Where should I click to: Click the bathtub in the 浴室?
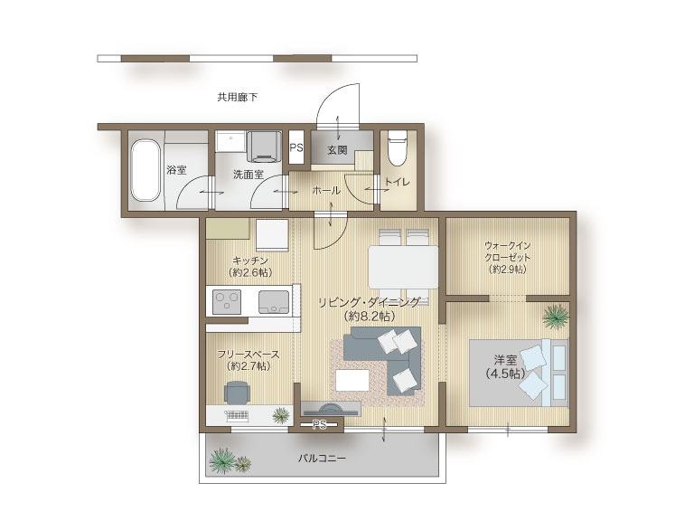pyautogui.click(x=145, y=170)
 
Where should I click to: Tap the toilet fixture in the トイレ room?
pyautogui.click(x=397, y=149)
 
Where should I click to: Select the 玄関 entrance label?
pyautogui.click(x=337, y=150)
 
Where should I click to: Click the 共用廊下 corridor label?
pyautogui.click(x=238, y=97)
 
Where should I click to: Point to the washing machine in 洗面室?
pyautogui.click(x=264, y=147)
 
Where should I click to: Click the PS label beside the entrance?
pyautogui.click(x=296, y=147)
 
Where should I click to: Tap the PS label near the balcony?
pyautogui.click(x=319, y=425)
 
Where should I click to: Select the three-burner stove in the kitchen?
pyautogui.click(x=227, y=302)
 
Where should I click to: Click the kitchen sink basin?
pyautogui.click(x=274, y=302)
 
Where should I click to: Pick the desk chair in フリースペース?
pyautogui.click(x=237, y=392)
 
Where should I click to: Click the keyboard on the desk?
pyautogui.click(x=237, y=415)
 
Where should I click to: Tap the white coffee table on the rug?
pyautogui.click(x=352, y=380)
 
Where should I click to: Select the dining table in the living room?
pyautogui.click(x=403, y=268)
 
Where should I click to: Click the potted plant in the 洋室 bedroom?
pyautogui.click(x=556, y=317)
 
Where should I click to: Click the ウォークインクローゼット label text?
pyautogui.click(x=507, y=251)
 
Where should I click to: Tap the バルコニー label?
pyautogui.click(x=322, y=458)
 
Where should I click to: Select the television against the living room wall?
pyautogui.click(x=331, y=409)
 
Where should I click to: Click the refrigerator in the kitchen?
pyautogui.click(x=272, y=235)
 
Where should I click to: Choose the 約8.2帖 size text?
pyautogui.click(x=369, y=317)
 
